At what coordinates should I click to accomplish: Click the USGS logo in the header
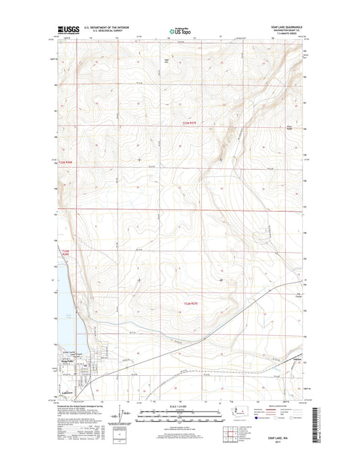tap(66, 30)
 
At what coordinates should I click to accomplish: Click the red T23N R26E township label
tap(70, 162)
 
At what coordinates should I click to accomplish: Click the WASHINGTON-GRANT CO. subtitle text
tap(286, 31)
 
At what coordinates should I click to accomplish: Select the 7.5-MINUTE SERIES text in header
tap(287, 35)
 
